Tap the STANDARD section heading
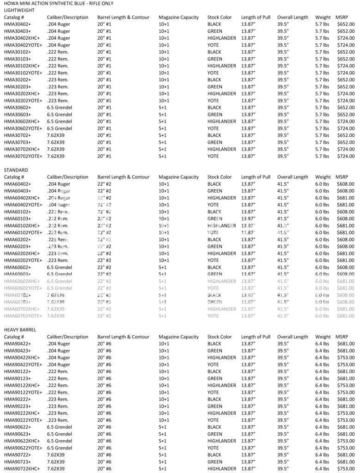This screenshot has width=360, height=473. pyautogui.click(x=16, y=170)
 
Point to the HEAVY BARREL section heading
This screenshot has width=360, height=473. pyautogui.click(x=20, y=330)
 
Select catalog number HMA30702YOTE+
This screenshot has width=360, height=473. pyautogui.click(x=23, y=156)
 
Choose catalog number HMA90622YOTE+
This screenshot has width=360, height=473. pyautogui.click(x=23, y=448)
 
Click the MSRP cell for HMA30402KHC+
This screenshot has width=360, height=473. pyautogui.click(x=346, y=38)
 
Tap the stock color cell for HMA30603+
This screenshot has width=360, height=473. pyautogui.click(x=215, y=115)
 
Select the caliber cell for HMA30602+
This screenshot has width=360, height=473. pyautogui.click(x=60, y=108)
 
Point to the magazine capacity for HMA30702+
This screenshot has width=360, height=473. pyautogui.click(x=163, y=135)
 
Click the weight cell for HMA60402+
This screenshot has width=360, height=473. pyautogui.click(x=322, y=184)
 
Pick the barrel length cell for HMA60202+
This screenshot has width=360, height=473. pyautogui.click(x=104, y=239)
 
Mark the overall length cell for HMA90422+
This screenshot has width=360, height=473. pyautogui.click(x=283, y=344)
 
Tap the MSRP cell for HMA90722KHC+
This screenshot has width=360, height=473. pyautogui.click(x=346, y=469)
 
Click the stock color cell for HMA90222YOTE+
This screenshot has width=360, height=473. pyautogui.click(x=213, y=420)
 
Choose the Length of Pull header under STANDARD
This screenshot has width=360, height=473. pyautogui.click(x=256, y=177)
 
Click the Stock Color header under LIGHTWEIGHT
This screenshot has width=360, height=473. pyautogui.click(x=220, y=17)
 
